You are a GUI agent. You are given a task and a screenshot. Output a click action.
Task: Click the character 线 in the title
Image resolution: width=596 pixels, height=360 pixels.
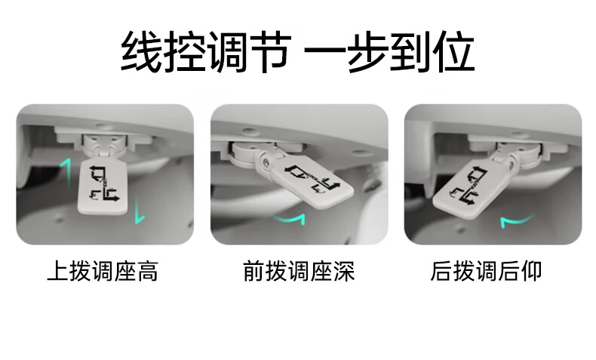(142, 52)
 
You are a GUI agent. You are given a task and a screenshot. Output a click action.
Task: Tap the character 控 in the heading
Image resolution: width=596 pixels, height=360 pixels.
(185, 52)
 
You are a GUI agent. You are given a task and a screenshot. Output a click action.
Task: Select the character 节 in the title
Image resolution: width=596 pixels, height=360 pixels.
(269, 52)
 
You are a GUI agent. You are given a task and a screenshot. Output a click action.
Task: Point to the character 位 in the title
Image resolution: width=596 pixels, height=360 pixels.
(453, 52)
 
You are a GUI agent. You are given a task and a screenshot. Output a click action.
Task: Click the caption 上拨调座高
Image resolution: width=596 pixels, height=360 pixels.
(103, 271)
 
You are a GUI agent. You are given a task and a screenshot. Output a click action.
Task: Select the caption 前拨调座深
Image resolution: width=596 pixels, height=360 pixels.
(299, 271)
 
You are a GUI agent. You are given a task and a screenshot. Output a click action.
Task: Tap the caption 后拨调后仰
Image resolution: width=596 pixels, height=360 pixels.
(486, 271)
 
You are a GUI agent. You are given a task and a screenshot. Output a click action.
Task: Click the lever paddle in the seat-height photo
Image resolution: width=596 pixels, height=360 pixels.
(103, 186)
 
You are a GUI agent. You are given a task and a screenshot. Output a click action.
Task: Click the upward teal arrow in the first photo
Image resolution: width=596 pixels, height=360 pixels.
(66, 173)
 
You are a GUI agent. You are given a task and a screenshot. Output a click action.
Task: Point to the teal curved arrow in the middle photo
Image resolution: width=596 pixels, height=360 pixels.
(289, 219)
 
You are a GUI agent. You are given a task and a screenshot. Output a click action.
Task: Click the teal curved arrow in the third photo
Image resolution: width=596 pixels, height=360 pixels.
(516, 220)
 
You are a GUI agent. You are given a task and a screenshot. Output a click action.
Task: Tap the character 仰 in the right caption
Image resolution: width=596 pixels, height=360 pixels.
(531, 271)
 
